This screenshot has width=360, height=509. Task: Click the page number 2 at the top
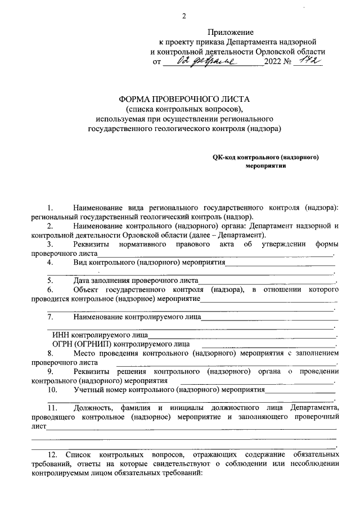coord(183,16)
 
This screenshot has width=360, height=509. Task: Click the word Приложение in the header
coord(232,32)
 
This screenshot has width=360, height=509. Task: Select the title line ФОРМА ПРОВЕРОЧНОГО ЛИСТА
coord(184,99)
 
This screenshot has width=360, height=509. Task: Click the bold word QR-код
coord(223,158)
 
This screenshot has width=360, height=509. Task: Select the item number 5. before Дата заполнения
coord(50,280)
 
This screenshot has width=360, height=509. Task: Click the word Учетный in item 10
coord(87,389)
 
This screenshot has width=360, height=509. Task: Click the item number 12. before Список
coord(53,453)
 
